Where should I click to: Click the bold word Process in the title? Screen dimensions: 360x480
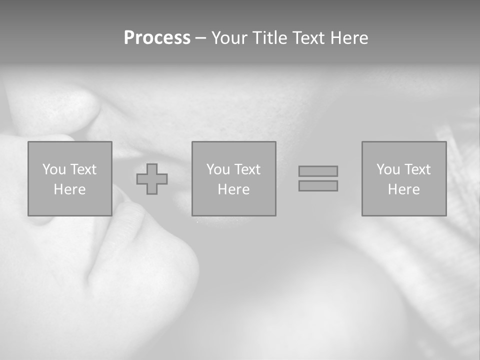click(x=157, y=38)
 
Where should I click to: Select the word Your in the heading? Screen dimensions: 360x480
click(x=230, y=38)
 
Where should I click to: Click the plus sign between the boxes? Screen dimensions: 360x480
click(x=152, y=179)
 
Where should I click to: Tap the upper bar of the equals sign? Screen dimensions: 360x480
click(x=318, y=171)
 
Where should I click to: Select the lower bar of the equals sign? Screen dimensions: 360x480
click(x=318, y=185)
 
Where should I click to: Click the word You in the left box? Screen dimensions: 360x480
click(x=54, y=169)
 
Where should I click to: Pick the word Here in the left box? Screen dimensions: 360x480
click(x=70, y=189)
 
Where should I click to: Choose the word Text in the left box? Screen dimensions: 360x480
click(x=82, y=169)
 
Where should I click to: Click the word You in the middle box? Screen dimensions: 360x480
click(x=218, y=169)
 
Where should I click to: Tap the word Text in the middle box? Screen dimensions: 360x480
click(x=246, y=169)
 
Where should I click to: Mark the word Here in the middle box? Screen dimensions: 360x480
click(x=234, y=189)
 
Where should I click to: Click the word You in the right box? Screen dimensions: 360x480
click(x=388, y=169)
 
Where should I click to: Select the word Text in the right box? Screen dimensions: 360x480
click(x=416, y=169)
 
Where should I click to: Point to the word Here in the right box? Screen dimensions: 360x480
click(x=404, y=189)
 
